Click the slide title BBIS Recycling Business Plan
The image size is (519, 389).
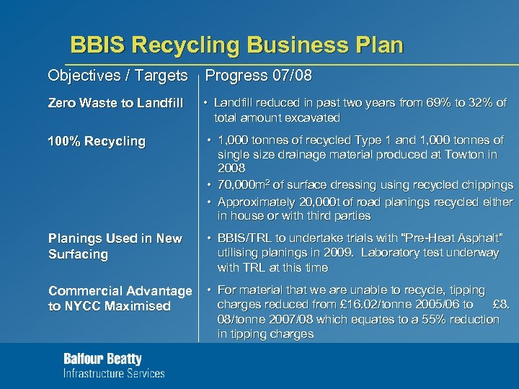click(x=236, y=45)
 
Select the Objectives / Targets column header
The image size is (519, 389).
click(x=117, y=76)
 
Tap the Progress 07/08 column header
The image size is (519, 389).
click(x=259, y=76)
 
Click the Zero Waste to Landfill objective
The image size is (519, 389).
click(x=116, y=103)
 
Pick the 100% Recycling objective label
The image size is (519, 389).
click(x=97, y=141)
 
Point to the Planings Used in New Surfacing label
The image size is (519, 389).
click(x=115, y=246)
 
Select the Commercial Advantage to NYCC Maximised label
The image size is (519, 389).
click(x=120, y=298)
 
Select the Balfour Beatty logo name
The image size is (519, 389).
click(x=103, y=359)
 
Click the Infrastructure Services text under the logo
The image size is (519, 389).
click(x=114, y=373)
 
